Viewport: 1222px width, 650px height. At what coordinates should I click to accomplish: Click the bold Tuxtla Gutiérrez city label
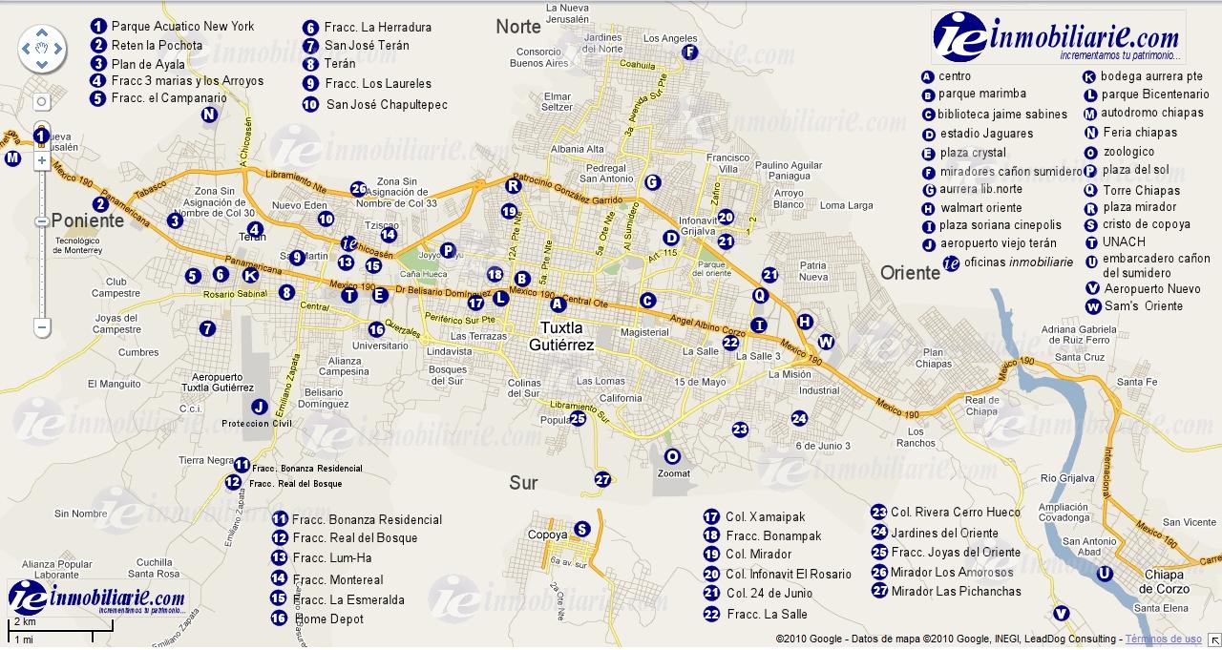(561, 336)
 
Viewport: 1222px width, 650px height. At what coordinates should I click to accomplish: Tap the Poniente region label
(88, 220)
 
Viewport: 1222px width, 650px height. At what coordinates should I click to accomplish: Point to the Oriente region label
(910, 273)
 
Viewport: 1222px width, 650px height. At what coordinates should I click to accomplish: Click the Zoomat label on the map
(673, 473)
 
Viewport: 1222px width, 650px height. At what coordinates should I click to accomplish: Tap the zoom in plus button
(41, 161)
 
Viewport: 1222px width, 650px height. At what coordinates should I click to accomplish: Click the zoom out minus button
(41, 326)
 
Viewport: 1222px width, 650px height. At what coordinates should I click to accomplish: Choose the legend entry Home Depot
(329, 619)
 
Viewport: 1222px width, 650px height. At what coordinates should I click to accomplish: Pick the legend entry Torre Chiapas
(1142, 190)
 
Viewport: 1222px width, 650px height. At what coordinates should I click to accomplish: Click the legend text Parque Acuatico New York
(182, 26)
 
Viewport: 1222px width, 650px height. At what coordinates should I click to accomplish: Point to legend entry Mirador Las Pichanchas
(956, 591)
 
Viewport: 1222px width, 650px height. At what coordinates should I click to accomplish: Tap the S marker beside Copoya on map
(582, 530)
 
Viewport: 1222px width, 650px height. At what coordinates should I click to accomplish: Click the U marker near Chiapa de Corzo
(1105, 574)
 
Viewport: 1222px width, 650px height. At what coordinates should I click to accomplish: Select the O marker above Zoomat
(672, 456)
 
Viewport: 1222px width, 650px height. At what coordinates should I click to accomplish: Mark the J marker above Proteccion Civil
(258, 406)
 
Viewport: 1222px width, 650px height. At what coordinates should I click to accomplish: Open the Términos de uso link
(1163, 640)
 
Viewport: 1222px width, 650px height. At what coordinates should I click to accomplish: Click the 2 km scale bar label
(23, 622)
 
